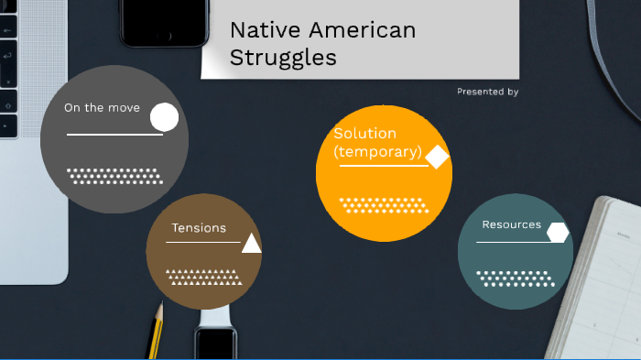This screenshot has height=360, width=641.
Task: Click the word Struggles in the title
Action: coord(283,58)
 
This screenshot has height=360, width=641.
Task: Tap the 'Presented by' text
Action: coord(487,92)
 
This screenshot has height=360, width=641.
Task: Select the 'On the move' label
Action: coord(102,108)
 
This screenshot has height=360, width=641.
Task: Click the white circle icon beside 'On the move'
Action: coord(164,117)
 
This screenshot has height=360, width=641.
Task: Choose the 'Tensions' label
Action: coord(199,228)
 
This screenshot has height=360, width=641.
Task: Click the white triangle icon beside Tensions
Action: coord(252,243)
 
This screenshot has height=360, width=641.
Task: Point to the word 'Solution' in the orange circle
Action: coord(364,134)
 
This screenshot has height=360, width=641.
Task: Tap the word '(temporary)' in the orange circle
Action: coord(377,152)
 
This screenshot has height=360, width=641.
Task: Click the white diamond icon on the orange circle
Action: coord(438,158)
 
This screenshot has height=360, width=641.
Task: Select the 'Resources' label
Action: coord(511,225)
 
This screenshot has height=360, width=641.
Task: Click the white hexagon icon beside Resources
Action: coord(558,233)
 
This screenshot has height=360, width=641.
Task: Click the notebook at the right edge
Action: coord(600,284)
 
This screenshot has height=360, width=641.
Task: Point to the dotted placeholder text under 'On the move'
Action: coord(114,176)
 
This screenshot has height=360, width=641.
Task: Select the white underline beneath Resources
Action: coord(514,242)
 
